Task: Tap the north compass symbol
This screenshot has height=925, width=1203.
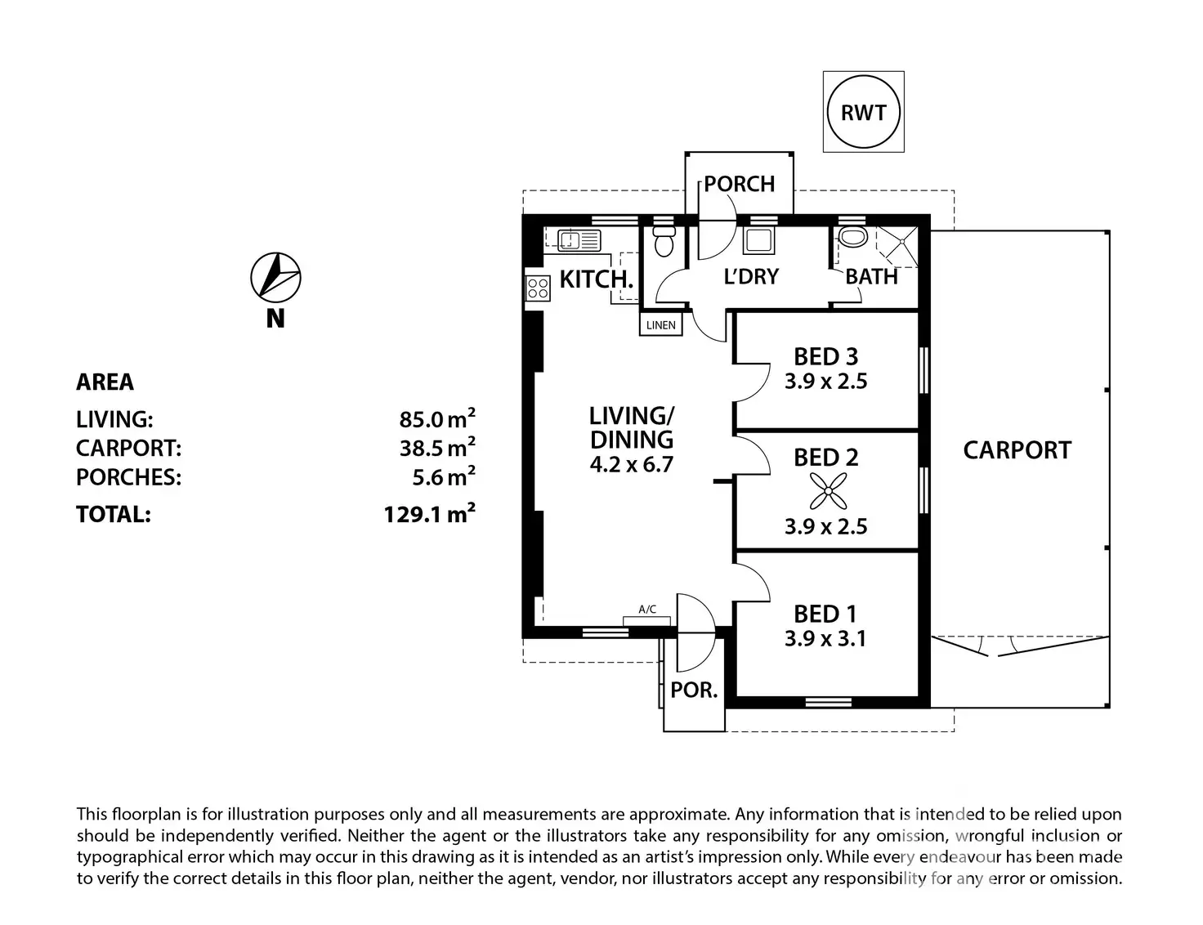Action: [x=275, y=277]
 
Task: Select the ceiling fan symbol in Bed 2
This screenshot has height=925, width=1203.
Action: [x=828, y=490]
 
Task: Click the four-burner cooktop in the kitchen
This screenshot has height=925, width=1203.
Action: [x=538, y=288]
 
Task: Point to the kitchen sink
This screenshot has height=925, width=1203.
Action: [x=579, y=240]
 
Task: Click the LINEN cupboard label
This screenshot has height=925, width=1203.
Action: [x=661, y=325]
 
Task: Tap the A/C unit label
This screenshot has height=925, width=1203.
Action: [x=647, y=609]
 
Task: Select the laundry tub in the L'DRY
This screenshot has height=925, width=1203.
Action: [x=758, y=241]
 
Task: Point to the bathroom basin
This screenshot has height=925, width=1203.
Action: [x=853, y=237]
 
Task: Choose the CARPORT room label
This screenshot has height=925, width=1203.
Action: [x=1017, y=450]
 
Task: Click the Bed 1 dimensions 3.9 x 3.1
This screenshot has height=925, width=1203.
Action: [x=825, y=639]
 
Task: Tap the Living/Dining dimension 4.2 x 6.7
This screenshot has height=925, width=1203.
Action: [x=631, y=464]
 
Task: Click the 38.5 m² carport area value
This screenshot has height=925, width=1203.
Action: [x=437, y=446]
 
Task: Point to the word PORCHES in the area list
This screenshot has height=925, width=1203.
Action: [x=128, y=477]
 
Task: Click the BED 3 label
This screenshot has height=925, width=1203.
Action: [x=826, y=357]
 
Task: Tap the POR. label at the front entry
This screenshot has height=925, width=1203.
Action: [x=694, y=690]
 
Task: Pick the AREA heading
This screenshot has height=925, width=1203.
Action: [x=105, y=382]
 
